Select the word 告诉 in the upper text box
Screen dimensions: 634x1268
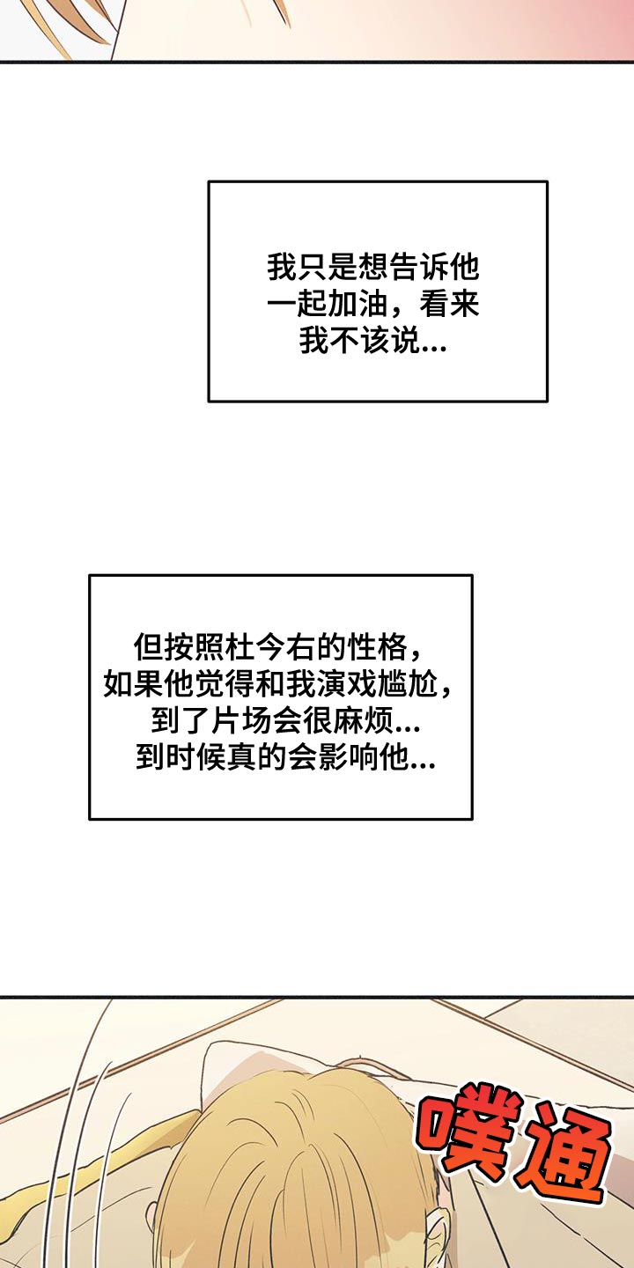418,268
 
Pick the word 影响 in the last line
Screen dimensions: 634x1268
350,757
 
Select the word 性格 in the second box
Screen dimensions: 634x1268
378,647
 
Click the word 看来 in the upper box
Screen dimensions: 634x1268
449,305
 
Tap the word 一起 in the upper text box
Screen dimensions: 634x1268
298,305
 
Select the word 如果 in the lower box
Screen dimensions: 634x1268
134,684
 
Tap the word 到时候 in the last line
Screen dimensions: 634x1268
181,757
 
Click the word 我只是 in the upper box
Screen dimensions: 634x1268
313,268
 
